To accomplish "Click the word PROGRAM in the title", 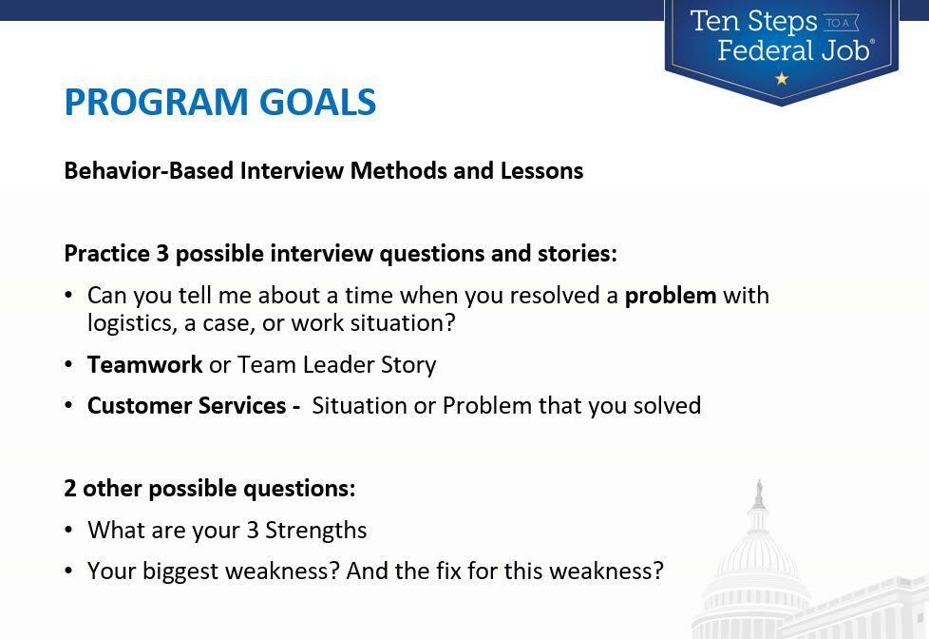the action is [156, 102].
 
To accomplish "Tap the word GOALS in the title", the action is [317, 102].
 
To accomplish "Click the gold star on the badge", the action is [782, 78].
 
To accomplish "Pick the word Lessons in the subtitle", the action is [541, 171].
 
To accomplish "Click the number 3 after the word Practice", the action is [162, 253].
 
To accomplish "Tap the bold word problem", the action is [671, 296].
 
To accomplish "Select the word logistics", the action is [131, 323].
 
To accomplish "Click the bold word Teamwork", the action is [144, 364].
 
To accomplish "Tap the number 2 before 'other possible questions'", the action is [70, 489].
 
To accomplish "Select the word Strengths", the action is [315, 531].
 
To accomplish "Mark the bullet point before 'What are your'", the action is [68, 530].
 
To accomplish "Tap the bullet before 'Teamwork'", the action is [68, 364].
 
